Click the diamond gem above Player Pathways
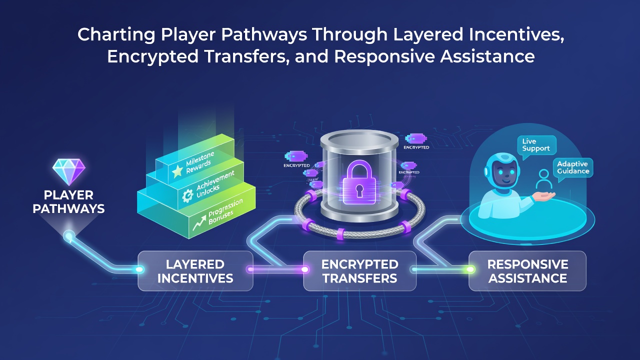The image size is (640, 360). pos(69,171)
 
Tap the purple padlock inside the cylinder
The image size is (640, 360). pos(359,182)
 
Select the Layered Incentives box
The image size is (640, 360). pos(195,271)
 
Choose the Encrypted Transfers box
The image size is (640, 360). pos(359,271)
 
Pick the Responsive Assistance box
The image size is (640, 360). pos(527,271)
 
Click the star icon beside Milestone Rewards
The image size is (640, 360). pos(177,171)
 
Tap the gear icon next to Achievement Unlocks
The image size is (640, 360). pos(187,196)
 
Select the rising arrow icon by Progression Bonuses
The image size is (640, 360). pos(199,222)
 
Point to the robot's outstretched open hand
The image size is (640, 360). pos(543,196)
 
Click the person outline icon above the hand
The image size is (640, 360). pos(543,179)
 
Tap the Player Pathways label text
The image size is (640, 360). pos(68,202)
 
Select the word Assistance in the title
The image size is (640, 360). pos(487,56)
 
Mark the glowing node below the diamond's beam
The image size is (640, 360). pos(69,236)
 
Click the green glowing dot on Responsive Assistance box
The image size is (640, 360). pos(470,269)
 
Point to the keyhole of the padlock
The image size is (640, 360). pos(359,190)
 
